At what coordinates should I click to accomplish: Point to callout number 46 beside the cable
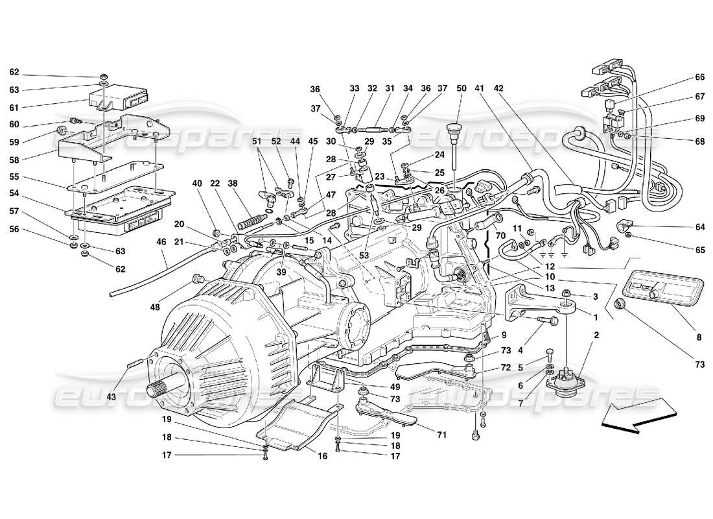[161, 241]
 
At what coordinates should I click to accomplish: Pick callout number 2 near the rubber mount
[596, 335]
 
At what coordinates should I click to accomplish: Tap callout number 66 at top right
[699, 77]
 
